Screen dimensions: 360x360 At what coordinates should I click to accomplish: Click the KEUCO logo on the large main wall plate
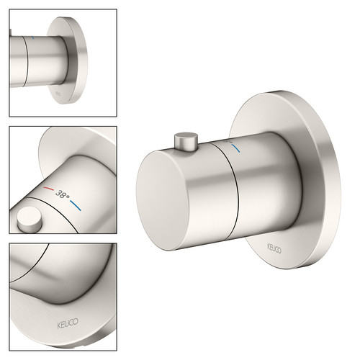[274, 248]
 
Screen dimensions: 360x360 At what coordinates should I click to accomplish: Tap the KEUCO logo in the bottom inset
[68, 323]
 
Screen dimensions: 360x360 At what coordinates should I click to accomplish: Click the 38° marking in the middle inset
[62, 194]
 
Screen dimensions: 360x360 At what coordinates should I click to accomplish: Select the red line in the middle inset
[49, 189]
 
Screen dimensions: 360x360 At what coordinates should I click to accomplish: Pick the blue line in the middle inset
[76, 206]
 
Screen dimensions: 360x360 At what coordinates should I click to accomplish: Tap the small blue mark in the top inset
[33, 37]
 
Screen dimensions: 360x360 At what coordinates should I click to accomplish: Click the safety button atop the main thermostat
[186, 141]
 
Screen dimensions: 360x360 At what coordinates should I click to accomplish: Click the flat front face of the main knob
[163, 201]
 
